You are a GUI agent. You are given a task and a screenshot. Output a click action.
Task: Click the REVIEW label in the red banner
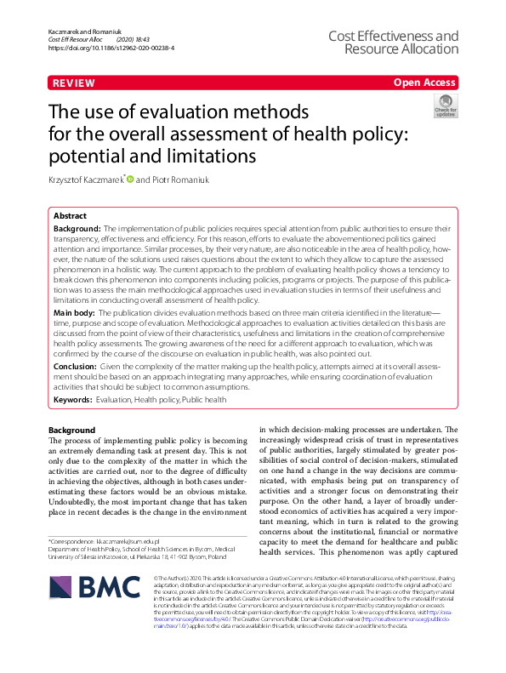[73, 83]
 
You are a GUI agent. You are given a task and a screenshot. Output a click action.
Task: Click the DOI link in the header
[111, 48]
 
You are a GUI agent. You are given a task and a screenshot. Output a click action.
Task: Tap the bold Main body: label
[75, 314]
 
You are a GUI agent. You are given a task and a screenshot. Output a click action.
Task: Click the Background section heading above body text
[72, 431]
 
